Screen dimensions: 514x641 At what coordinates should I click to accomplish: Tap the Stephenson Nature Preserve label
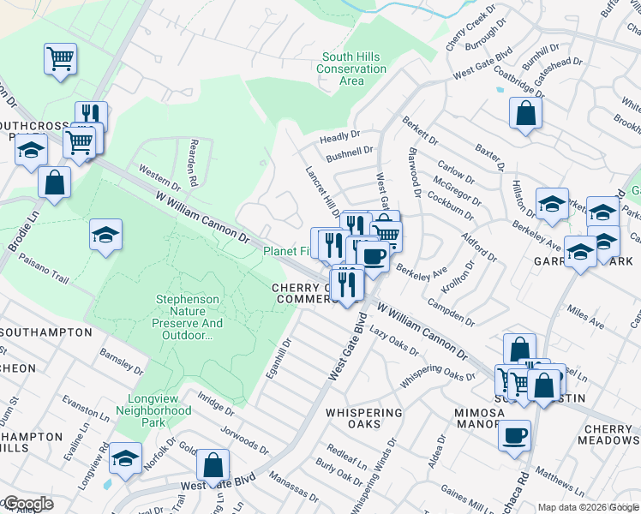(x=188, y=317)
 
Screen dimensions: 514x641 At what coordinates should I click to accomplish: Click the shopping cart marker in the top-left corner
(x=60, y=59)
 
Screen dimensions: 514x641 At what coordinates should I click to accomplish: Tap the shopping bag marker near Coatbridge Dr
(x=525, y=113)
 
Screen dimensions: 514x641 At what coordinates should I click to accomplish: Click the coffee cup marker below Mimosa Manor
(x=514, y=435)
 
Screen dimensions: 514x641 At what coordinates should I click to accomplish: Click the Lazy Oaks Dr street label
(x=393, y=345)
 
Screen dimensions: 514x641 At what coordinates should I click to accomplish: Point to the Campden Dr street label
(x=455, y=314)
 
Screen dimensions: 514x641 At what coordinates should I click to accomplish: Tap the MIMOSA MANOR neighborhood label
(x=478, y=418)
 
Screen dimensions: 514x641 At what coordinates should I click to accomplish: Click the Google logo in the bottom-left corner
(x=28, y=504)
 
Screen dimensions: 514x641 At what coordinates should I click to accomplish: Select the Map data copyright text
(x=589, y=507)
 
